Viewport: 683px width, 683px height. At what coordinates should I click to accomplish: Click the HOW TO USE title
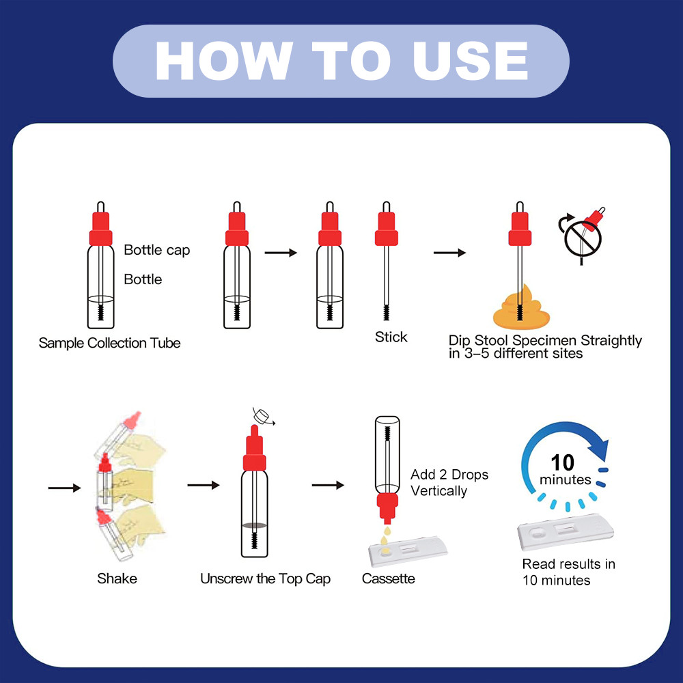(x=341, y=61)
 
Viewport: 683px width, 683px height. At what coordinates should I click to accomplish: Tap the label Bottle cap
(x=157, y=250)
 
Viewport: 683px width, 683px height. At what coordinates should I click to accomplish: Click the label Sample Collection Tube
(x=109, y=343)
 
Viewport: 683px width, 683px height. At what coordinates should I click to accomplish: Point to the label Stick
(x=391, y=337)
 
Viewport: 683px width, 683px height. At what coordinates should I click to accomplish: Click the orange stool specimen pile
(x=521, y=309)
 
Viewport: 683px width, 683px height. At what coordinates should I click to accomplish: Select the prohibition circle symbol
(x=583, y=238)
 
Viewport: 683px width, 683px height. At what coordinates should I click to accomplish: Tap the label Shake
(x=117, y=579)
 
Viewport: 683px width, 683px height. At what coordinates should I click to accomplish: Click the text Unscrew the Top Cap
(x=265, y=579)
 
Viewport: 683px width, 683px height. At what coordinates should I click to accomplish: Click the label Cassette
(x=388, y=579)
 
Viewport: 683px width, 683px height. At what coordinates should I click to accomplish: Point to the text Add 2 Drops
(x=449, y=475)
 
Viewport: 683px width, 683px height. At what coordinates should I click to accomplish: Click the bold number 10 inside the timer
(x=562, y=462)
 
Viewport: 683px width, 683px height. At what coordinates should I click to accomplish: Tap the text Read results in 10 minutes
(x=568, y=572)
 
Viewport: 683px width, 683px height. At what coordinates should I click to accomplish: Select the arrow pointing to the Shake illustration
(x=64, y=488)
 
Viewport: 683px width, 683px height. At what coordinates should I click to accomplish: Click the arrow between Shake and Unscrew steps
(x=204, y=485)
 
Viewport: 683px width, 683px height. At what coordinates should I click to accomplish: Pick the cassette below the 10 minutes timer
(x=566, y=531)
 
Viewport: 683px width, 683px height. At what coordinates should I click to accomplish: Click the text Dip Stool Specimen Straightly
(x=545, y=340)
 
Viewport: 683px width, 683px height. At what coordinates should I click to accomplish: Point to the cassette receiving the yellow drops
(x=408, y=551)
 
